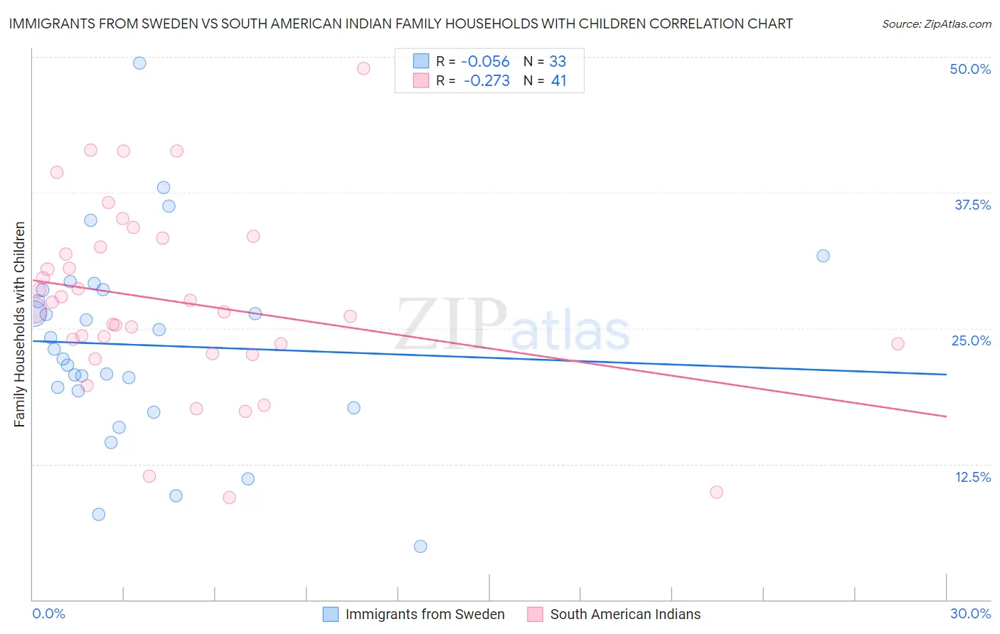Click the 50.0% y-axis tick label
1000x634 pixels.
coord(970,69)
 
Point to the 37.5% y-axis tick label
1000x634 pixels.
coord(972,205)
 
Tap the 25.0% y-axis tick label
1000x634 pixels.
coord(971,340)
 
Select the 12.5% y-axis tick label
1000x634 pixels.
coord(972,477)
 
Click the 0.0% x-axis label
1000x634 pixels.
coord(48,613)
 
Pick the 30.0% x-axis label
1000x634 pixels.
coord(970,613)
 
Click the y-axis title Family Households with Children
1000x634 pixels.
coord(19,324)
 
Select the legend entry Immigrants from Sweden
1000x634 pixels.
coord(425,614)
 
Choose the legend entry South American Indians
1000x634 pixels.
coord(625,614)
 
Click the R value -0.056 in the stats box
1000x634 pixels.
coord(485,62)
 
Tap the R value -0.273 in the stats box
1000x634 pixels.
coord(486,81)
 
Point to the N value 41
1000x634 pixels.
coord(559,81)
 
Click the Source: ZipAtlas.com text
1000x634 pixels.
coord(936,24)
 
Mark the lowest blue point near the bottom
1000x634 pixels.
coord(420,546)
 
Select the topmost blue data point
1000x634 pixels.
coord(139,63)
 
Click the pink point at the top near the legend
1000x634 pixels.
coord(363,68)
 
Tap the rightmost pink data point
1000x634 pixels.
coord(898,344)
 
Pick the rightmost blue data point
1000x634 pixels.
coord(823,256)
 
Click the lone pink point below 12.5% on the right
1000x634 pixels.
coord(716,492)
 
